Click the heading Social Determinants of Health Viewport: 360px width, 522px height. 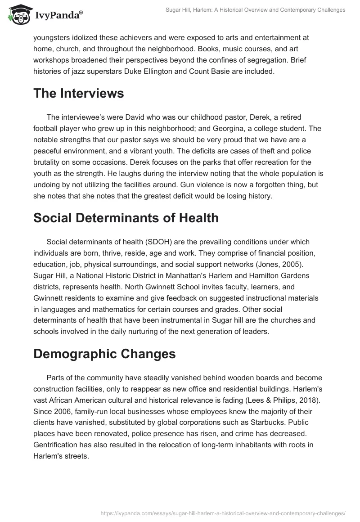click(x=126, y=218)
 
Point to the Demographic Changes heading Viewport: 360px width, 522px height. click(x=104, y=353)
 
